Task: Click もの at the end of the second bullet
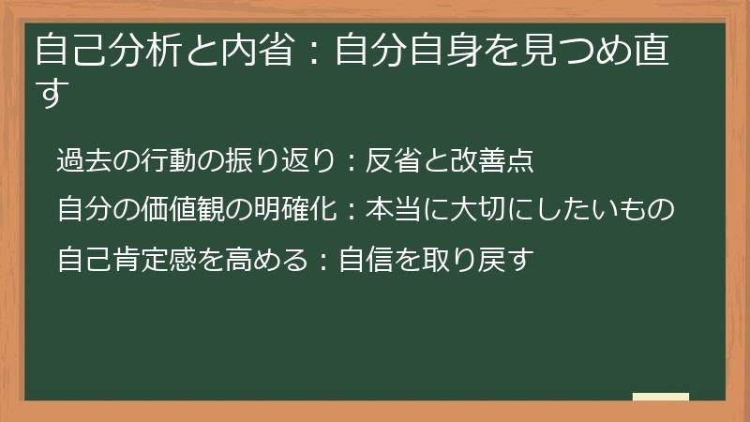tap(648, 209)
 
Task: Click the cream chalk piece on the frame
tap(661, 397)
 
